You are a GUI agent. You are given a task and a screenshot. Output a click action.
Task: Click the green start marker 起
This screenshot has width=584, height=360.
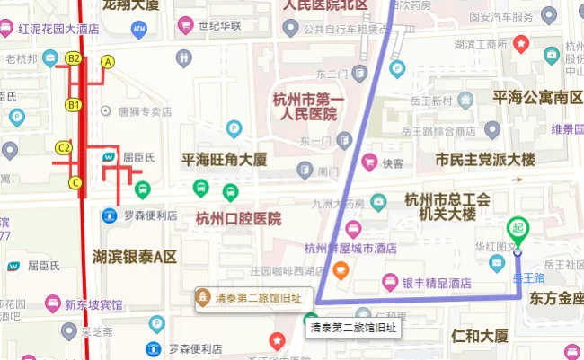pyautogui.click(x=518, y=229)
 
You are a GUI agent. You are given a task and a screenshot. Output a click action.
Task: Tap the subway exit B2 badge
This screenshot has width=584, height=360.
pyautogui.click(x=75, y=58)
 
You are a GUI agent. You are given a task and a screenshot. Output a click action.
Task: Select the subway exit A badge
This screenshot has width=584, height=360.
pyautogui.click(x=109, y=62)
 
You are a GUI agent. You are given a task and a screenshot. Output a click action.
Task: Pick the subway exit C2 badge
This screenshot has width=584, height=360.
pyautogui.click(x=64, y=146)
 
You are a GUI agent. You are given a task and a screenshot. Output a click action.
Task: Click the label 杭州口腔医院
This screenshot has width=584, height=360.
pyautogui.click(x=238, y=218)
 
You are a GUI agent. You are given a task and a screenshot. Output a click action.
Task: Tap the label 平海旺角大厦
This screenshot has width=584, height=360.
pyautogui.click(x=225, y=160)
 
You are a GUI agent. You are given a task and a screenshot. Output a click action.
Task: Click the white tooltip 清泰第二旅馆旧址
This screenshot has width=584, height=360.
pyautogui.click(x=352, y=328)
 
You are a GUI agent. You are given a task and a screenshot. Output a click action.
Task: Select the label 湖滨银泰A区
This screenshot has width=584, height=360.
pyautogui.click(x=136, y=257)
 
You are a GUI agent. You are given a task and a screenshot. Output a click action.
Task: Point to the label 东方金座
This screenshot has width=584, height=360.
pyautogui.click(x=556, y=297)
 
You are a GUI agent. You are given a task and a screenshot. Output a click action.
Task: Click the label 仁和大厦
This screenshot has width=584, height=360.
pyautogui.click(x=481, y=337)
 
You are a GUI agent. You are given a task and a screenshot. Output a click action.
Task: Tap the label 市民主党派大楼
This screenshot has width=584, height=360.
pyautogui.click(x=485, y=160)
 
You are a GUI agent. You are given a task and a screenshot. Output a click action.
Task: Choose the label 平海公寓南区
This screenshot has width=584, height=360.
pyautogui.click(x=537, y=96)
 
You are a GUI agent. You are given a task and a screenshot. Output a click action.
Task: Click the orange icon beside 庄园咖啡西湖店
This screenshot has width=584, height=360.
pyautogui.click(x=341, y=269)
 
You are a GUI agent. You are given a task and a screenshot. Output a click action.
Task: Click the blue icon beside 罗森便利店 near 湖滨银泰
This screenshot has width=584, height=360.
pyautogui.click(x=109, y=215)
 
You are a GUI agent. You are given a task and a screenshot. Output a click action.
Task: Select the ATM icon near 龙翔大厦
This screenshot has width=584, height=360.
pyautogui.click(x=138, y=30)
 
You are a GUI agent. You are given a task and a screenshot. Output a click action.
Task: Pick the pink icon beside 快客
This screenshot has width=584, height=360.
pyautogui.click(x=368, y=162)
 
